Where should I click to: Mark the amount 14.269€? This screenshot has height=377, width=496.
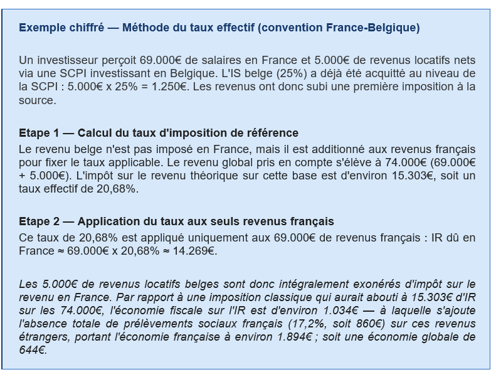click(196, 252)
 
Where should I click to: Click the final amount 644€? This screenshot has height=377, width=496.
click(33, 350)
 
